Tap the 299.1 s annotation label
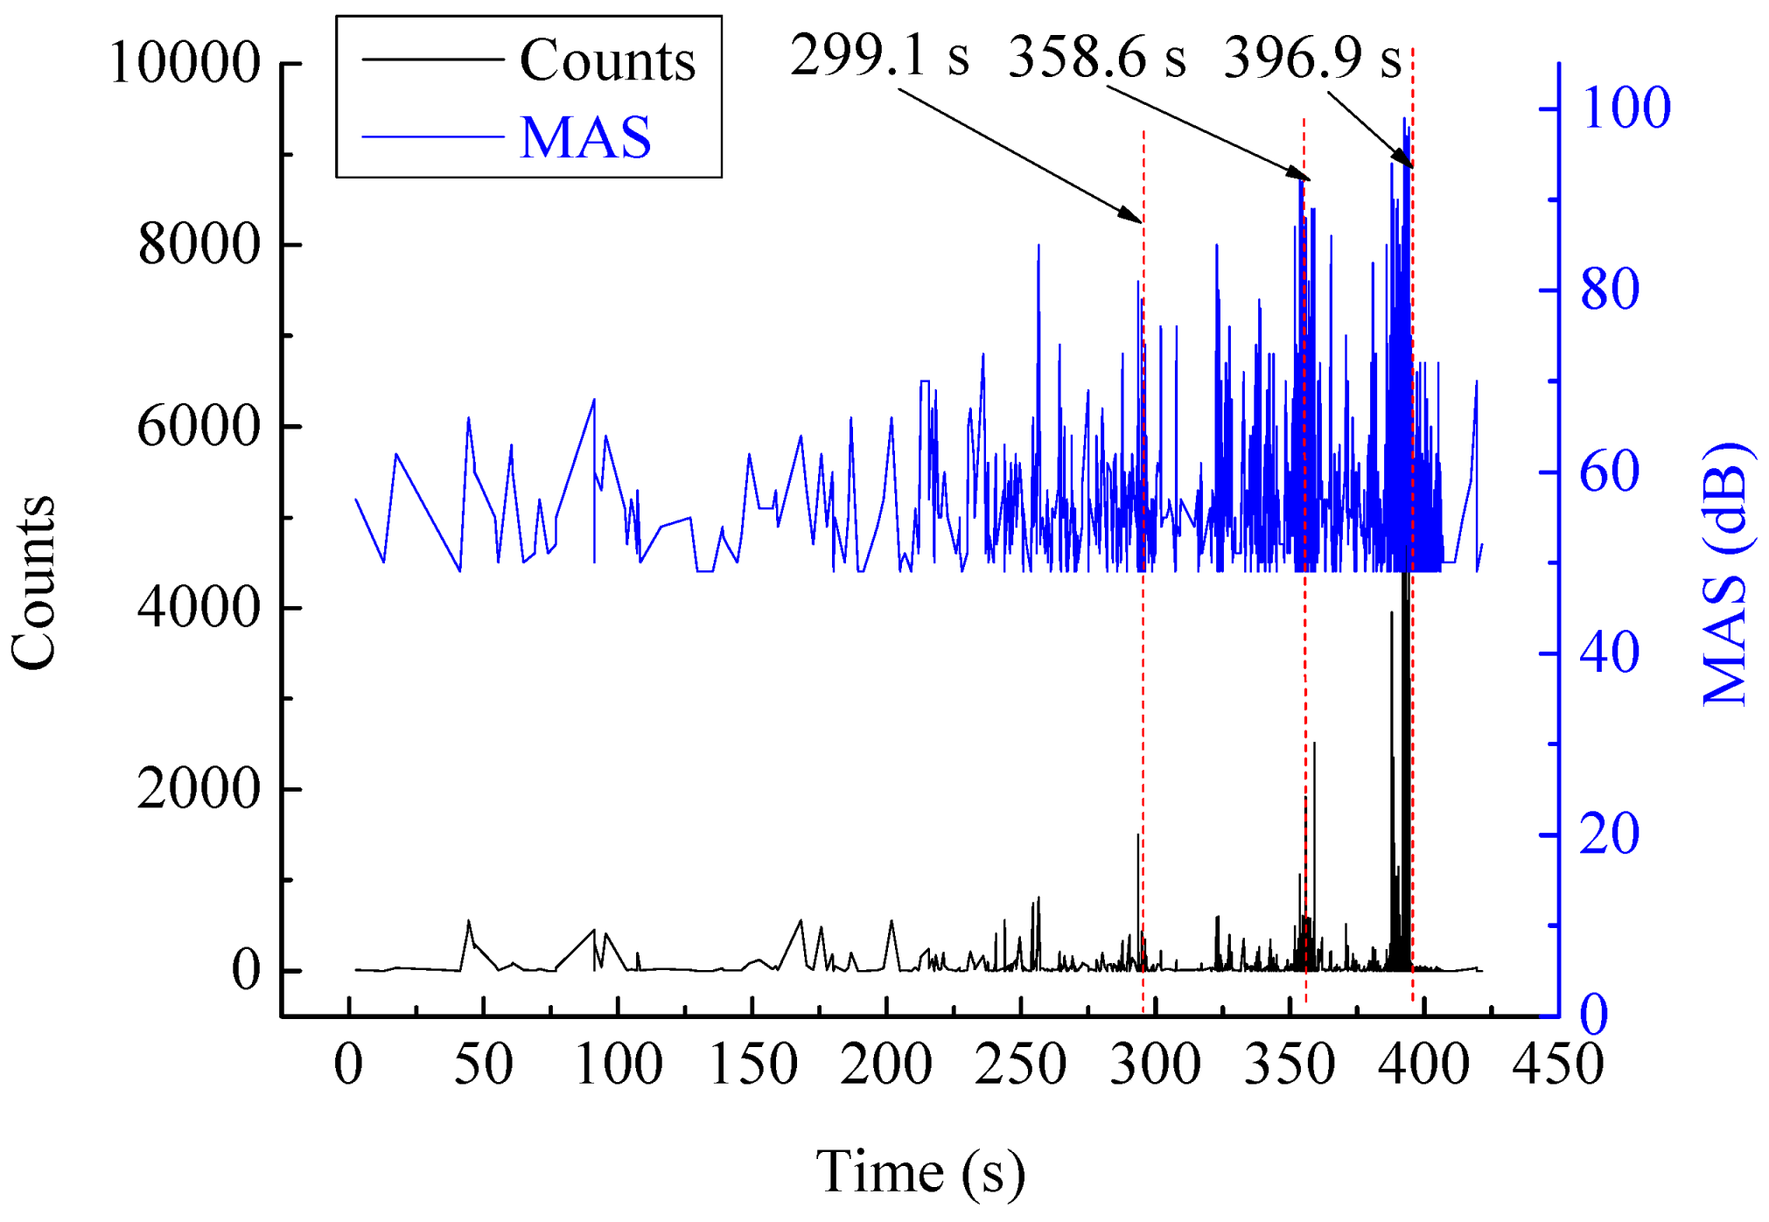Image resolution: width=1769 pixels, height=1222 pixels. coord(879,55)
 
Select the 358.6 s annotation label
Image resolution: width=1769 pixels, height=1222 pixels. coord(1096,58)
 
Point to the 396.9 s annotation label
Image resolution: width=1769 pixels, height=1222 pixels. coord(1311,58)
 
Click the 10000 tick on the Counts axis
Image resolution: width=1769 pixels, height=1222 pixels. coord(185,63)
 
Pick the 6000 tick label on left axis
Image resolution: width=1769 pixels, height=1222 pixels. coord(199,426)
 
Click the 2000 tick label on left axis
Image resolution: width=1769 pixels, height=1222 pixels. coord(199,788)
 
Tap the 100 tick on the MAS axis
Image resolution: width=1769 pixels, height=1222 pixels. coord(1626,109)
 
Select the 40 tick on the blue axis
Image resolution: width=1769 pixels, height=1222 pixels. coord(1610,653)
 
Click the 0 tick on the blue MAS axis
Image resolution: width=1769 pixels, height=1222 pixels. coord(1594,1016)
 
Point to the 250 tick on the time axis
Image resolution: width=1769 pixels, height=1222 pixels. coord(1020,1065)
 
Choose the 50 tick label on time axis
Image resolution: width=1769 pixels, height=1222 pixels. coord(483,1065)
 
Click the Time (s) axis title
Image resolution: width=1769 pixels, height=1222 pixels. coord(919,1171)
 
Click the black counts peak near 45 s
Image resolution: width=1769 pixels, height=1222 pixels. coord(469,922)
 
